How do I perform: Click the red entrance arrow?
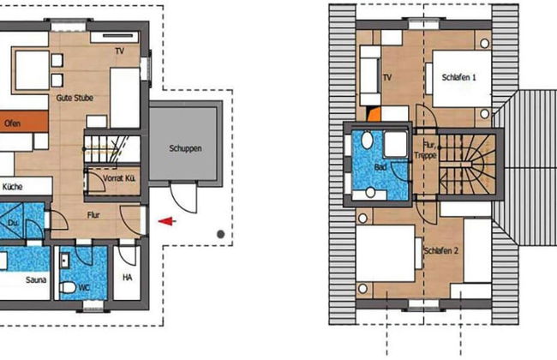pos(167,221)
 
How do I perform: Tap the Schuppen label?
pos(185,148)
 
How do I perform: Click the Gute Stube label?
pos(75,98)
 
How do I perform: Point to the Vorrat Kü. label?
pos(119,177)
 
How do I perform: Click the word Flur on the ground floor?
pos(93,215)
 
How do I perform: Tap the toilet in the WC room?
pos(68,287)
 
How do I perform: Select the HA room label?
pos(128,277)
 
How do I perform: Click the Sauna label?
pos(36,280)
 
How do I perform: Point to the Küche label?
pos(13,187)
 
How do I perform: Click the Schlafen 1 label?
pos(458,77)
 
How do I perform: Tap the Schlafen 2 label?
pos(440,250)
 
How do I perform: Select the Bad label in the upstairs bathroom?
pos(380,167)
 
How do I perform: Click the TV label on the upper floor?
pos(387,77)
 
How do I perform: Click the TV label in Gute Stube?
pos(120,51)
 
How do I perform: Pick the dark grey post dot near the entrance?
pos(220,234)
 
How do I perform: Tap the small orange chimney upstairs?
pos(374,115)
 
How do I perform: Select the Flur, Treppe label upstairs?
pos(425,150)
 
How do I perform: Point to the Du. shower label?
pos(13,223)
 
